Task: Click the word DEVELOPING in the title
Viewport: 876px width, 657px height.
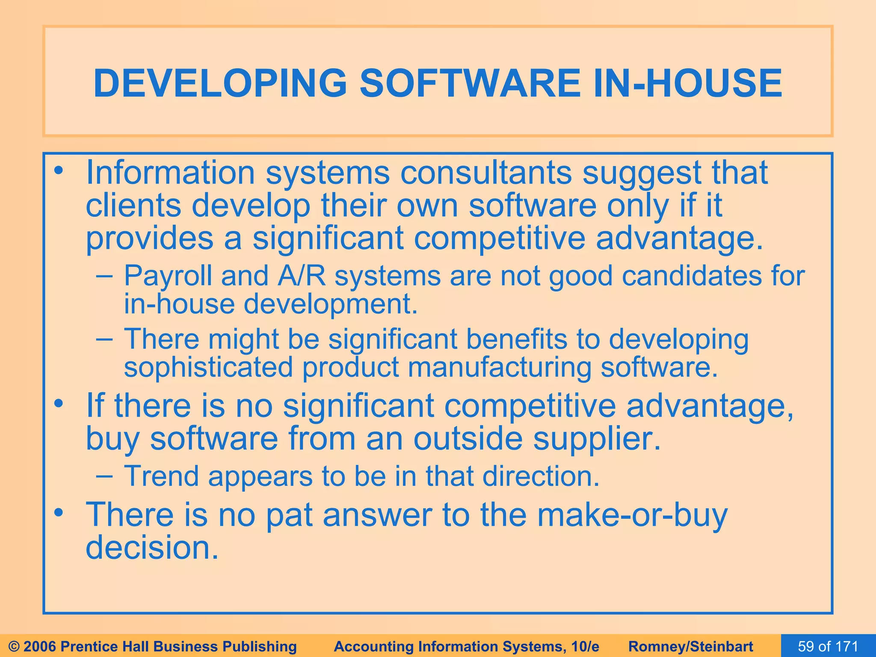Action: click(220, 83)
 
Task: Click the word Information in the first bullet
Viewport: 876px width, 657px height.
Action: click(170, 172)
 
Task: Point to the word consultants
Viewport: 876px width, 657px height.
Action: click(485, 172)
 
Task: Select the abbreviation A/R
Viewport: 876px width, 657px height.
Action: click(302, 275)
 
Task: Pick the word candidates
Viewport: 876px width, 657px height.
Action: click(691, 275)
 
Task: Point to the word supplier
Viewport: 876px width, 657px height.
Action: click(597, 440)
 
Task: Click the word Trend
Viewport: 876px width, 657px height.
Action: click(161, 476)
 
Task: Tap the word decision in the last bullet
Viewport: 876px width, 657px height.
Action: click(152, 548)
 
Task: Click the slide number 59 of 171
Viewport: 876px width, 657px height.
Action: click(828, 646)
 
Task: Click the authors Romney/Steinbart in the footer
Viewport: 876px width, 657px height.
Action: click(691, 646)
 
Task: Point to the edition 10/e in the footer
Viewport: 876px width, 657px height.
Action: click(585, 646)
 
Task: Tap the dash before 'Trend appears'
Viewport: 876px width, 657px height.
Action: click(104, 476)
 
